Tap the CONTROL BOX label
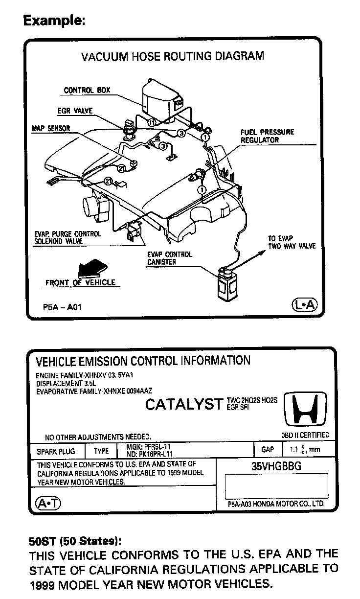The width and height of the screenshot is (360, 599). click(x=87, y=91)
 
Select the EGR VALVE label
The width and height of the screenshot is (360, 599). click(x=75, y=111)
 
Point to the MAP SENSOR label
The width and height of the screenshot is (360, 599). click(x=51, y=129)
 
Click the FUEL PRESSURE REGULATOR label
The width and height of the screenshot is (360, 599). click(x=267, y=136)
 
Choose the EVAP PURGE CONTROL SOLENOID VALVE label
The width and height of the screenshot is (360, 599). click(x=68, y=238)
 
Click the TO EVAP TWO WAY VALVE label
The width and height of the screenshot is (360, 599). click(x=292, y=242)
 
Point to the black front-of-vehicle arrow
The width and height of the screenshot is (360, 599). click(x=90, y=269)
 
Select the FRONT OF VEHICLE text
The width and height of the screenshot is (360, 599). click(x=80, y=282)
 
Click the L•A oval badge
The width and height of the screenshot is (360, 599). click(x=304, y=305)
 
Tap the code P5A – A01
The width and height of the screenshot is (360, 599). click(x=62, y=308)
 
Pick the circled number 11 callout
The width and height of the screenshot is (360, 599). click(x=152, y=123)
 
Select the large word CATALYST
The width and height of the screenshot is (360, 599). click(x=184, y=405)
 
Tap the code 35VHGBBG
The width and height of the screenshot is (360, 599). click(x=276, y=466)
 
